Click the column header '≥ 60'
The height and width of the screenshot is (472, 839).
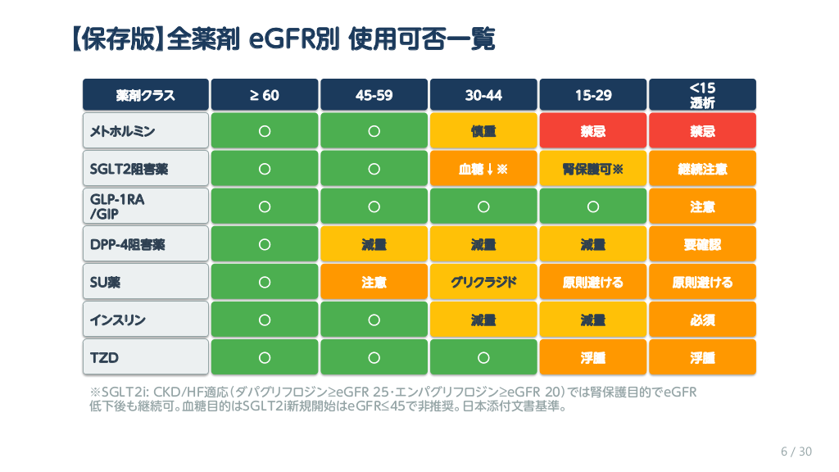click(265, 95)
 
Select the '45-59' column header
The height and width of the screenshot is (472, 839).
click(374, 95)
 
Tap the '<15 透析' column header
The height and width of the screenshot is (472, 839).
click(702, 95)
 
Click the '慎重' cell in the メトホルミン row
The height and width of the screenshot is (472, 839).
click(483, 131)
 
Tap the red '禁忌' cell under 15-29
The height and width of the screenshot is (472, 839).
click(593, 131)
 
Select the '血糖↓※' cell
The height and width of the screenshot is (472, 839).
click(483, 169)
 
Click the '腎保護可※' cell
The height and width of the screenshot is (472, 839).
click(593, 169)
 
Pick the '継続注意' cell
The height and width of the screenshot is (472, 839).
click(702, 169)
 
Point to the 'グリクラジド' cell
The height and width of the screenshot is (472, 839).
click(483, 282)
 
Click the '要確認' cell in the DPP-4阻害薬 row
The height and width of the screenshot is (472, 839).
click(702, 244)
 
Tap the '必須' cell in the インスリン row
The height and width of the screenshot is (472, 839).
click(702, 320)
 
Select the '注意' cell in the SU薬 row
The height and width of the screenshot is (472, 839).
click(374, 282)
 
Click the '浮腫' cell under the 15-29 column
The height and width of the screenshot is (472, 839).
click(593, 357)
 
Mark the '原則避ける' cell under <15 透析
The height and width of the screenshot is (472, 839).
click(702, 282)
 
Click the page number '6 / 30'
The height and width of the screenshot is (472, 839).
click(796, 452)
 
